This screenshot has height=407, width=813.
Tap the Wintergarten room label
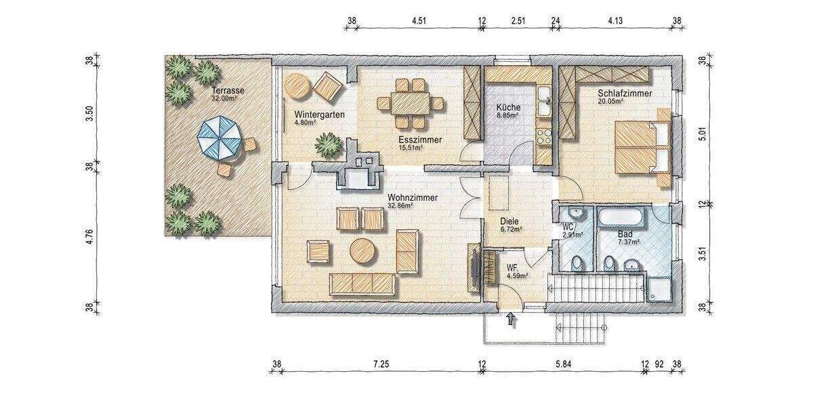pos(319,115)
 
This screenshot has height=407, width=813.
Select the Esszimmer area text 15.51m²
pos(411,147)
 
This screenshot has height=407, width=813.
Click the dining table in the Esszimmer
pos(410,104)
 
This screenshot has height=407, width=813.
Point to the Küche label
pos(507,107)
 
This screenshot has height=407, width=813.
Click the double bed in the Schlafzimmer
pos(641,147)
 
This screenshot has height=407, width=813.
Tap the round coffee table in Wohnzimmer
pos(364,251)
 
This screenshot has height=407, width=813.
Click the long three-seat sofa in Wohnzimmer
pos(362,284)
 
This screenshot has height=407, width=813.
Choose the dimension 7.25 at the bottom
pos(380,365)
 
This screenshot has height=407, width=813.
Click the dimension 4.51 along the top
pos(419,20)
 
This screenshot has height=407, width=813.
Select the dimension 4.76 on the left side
pos(89,237)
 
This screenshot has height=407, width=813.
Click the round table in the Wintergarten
pos(297,86)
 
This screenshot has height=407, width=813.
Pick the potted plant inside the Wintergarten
pos(329,144)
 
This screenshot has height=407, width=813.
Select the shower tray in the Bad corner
pos(659,288)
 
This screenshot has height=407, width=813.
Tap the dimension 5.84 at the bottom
pos(562,365)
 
